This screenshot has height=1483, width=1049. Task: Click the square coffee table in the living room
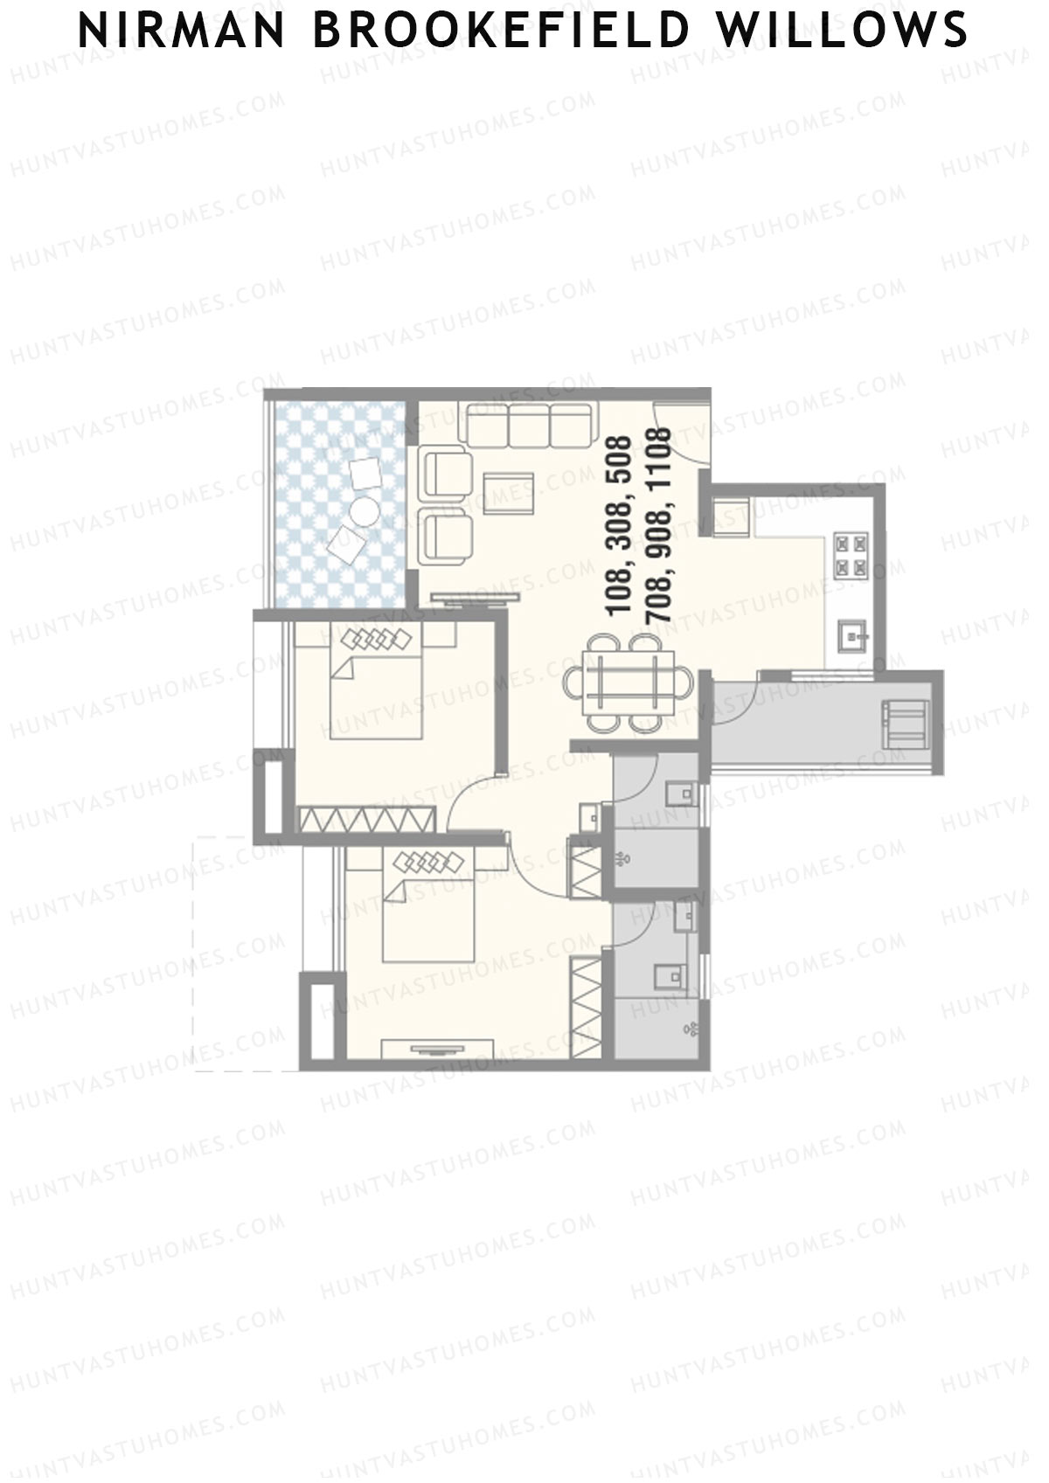508,491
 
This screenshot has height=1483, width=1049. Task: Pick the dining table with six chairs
627,683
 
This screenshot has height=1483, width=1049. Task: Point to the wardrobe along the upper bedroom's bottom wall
366,819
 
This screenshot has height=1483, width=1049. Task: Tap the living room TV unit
477,599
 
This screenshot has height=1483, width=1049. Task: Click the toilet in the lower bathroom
669,973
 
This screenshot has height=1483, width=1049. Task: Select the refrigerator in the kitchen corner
732,515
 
